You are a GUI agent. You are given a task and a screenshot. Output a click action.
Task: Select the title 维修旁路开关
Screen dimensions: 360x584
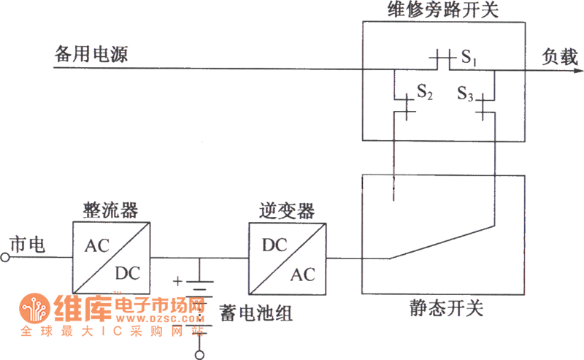tap(443, 10)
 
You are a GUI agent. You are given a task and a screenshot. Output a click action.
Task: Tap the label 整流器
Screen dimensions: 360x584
tap(110, 210)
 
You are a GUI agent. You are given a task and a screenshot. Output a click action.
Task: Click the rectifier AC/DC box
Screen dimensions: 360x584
tap(110, 257)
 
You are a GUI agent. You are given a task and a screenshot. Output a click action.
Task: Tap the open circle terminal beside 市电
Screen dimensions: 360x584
tap(6, 257)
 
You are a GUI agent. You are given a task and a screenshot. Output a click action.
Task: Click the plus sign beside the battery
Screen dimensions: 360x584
tap(177, 280)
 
